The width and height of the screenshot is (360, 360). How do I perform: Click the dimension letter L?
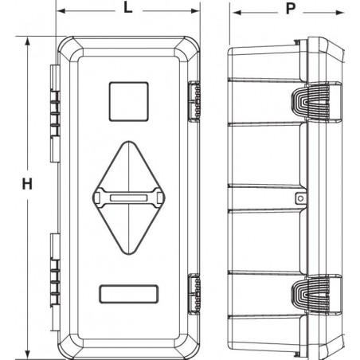[x=128, y=8]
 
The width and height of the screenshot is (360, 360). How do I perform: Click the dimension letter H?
[x=27, y=184]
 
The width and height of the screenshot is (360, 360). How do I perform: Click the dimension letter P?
[x=291, y=9]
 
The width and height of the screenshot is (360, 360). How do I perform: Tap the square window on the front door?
[x=129, y=102]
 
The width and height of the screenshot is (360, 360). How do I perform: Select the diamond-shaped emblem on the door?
[x=129, y=198]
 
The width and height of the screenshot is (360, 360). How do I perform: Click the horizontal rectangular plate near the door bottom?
[x=129, y=294]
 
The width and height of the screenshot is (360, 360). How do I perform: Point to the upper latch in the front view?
[x=194, y=101]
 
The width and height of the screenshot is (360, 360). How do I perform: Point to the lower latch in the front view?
[x=194, y=295]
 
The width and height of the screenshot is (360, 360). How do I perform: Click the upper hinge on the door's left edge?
[x=55, y=113]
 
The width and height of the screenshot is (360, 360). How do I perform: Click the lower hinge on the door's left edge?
[x=55, y=282]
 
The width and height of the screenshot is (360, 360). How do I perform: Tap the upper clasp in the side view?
[x=311, y=102]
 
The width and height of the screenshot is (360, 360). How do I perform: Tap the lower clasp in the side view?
[x=311, y=295]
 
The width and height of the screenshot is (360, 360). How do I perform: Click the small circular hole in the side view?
[x=301, y=198]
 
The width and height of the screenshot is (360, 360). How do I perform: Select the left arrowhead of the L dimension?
[x=61, y=11]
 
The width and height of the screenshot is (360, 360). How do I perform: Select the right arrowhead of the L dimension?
[x=195, y=11]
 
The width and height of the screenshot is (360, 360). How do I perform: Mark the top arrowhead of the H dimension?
[x=27, y=41]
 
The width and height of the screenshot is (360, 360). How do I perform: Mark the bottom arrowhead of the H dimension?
[x=27, y=354]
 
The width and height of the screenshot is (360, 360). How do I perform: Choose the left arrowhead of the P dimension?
[x=237, y=13]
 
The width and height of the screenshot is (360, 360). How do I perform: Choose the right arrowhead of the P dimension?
[x=339, y=13]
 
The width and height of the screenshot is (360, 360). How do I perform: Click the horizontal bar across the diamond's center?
[x=129, y=198]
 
